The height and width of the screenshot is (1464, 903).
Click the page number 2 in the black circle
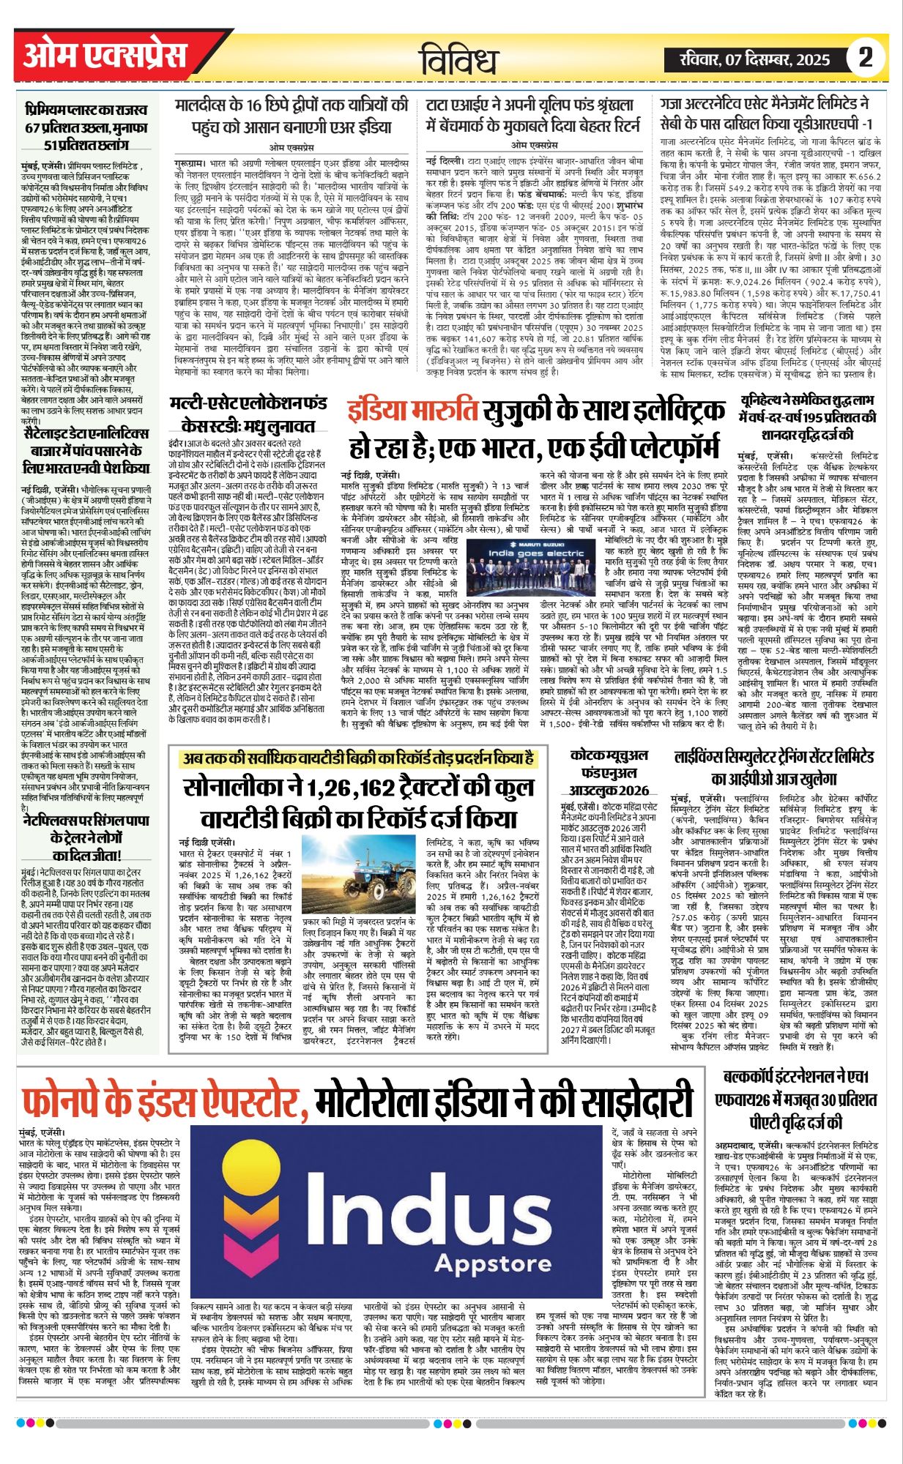(x=866, y=57)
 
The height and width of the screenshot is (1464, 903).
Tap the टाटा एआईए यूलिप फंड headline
(x=534, y=116)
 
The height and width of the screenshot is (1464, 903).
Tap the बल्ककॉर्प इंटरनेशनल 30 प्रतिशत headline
(x=795, y=1099)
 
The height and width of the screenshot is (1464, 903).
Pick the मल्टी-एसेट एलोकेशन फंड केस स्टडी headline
(x=248, y=414)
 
